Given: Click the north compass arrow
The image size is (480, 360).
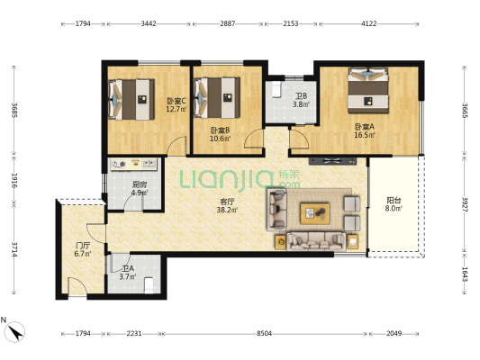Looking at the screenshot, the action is [15, 332].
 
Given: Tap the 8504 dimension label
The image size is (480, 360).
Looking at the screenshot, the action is [264, 333].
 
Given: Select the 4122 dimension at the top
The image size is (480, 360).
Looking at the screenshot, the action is [369, 23].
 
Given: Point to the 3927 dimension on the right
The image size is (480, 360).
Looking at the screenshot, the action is [465, 204].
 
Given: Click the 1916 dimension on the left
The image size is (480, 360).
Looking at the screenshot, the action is [14, 181].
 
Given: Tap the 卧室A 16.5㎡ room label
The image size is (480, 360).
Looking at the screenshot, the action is [365, 130].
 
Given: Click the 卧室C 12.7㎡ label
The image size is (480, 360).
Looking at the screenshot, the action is [177, 105].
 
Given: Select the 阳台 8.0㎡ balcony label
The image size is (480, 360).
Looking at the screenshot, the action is [394, 204].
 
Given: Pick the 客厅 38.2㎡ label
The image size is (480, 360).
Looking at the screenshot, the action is [228, 205].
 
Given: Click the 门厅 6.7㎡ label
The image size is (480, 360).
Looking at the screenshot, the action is [83, 249].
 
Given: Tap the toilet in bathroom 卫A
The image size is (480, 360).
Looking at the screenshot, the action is [149, 285].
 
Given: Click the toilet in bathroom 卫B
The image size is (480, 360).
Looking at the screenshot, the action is [276, 89].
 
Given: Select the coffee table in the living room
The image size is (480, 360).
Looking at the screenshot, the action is [315, 213].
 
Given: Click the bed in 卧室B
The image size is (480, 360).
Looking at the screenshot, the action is [217, 98].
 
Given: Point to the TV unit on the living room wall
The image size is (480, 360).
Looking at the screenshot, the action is [332, 161].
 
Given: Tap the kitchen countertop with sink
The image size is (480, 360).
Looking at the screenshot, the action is [134, 164].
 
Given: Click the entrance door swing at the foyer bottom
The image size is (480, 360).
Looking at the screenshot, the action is [77, 286].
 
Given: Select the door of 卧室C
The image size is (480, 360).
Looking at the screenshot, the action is [177, 146].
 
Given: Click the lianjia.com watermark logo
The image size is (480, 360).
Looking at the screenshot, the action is [240, 180].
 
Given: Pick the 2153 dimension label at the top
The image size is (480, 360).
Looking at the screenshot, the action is [291, 23].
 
